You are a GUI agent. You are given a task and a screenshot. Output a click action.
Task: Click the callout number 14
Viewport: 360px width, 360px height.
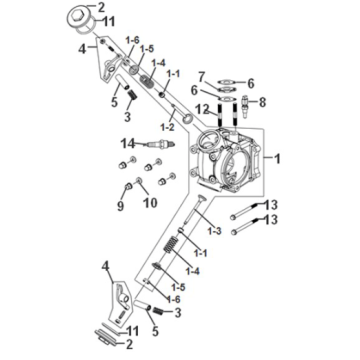tap(128, 144)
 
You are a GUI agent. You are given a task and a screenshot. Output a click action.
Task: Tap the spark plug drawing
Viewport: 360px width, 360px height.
tap(159, 144)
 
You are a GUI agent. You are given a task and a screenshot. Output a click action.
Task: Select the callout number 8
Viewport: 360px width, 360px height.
tap(263, 102)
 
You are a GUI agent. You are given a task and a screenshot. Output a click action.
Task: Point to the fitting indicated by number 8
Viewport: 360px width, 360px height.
tap(245, 106)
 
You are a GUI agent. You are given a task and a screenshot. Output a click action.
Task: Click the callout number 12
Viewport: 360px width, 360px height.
tap(211, 109)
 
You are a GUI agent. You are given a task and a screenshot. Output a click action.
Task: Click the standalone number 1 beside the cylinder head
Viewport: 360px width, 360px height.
tap(277, 159)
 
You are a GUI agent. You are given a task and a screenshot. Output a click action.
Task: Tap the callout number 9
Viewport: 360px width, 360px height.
tap(120, 206)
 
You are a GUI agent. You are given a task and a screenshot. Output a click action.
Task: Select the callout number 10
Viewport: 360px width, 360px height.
tap(150, 202)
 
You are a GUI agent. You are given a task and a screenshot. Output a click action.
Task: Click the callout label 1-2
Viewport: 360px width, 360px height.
tap(167, 127)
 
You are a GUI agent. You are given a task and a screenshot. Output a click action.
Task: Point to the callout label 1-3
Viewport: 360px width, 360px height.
tap(214, 231)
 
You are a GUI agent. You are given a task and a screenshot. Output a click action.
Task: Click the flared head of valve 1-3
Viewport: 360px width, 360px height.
tap(202, 198)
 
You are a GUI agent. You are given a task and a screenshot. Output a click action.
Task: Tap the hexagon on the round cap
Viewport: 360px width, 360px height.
tap(79, 14)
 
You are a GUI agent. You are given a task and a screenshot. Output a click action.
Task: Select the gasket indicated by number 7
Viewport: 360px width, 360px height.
tap(227, 89)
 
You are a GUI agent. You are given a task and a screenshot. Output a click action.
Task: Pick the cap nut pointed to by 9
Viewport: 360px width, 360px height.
tap(128, 186)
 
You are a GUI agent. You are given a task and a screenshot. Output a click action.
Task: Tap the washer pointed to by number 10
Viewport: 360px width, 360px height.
tap(138, 181)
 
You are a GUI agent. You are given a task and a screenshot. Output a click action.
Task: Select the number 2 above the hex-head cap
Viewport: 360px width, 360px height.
tap(100, 7)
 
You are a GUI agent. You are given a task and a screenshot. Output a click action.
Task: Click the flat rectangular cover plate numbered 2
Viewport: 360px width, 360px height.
tap(106, 337)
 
